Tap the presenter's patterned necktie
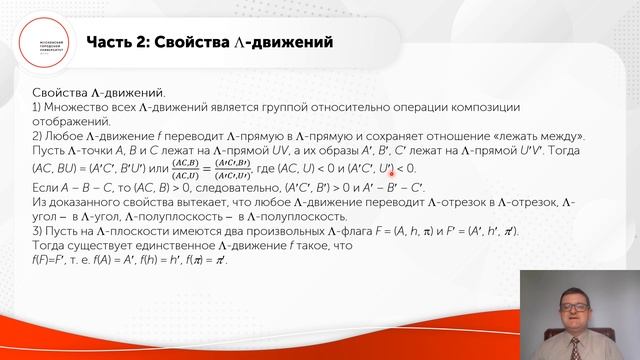[x=573, y=345]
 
